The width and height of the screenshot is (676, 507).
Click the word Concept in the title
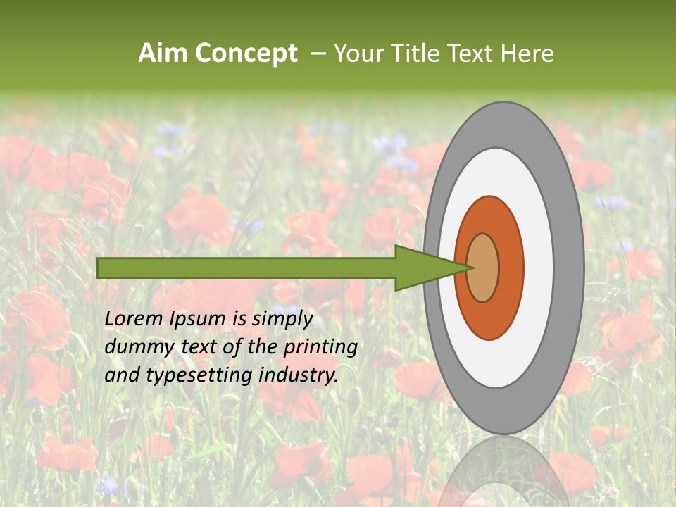click(x=246, y=54)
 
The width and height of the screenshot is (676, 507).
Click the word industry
click(x=299, y=375)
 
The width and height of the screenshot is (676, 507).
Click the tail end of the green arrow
click(x=99, y=268)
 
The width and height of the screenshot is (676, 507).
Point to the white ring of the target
click(x=539, y=268)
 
